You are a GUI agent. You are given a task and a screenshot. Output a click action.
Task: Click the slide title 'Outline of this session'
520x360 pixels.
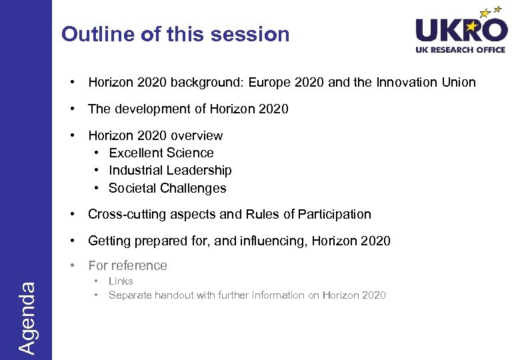pyautogui.click(x=175, y=34)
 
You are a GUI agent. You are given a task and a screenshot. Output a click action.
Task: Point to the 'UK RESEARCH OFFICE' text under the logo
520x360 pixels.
pyautogui.click(x=461, y=50)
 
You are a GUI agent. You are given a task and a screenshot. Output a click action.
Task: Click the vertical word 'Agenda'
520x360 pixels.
pyautogui.click(x=27, y=317)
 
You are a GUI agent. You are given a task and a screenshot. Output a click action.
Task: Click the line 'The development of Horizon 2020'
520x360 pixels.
pyautogui.click(x=188, y=109)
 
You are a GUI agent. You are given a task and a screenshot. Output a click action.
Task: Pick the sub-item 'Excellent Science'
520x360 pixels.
pyautogui.click(x=161, y=153)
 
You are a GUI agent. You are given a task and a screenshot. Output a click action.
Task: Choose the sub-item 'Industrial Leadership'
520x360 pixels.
pyautogui.click(x=170, y=170)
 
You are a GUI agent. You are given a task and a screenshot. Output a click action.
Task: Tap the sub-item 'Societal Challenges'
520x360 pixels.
pyautogui.click(x=167, y=188)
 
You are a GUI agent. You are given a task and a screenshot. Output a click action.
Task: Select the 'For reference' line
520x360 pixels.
pyautogui.click(x=127, y=265)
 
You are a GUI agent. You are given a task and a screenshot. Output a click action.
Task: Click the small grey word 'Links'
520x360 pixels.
pyautogui.click(x=121, y=281)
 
